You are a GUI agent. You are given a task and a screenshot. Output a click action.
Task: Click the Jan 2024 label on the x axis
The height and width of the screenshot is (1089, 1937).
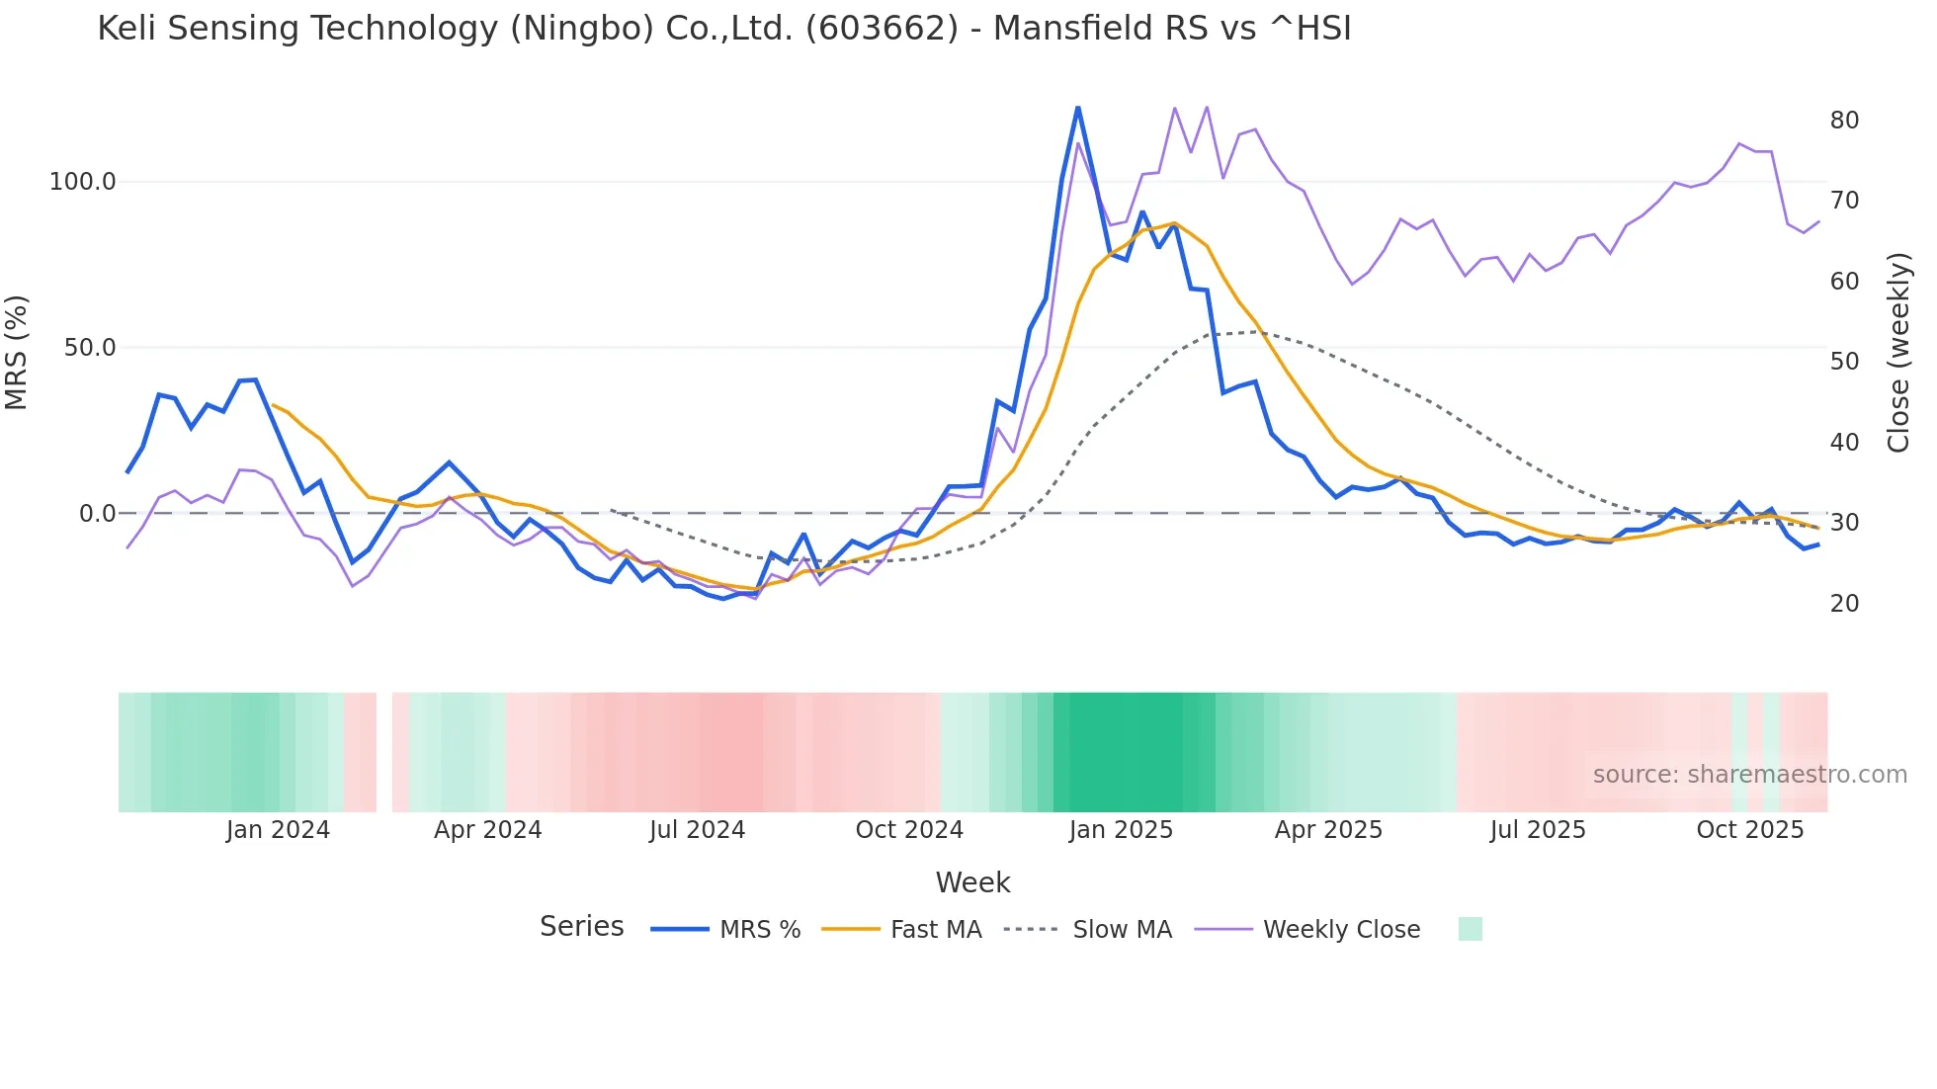point(278,830)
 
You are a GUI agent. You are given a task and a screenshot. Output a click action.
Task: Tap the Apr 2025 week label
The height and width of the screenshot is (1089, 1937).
point(1328,830)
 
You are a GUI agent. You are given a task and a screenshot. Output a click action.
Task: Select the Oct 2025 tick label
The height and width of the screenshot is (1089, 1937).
point(1749,830)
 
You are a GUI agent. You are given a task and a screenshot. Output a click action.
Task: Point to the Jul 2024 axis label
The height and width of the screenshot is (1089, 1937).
point(697,830)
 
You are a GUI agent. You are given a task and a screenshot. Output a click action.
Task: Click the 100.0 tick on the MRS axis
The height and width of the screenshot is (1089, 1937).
point(83,182)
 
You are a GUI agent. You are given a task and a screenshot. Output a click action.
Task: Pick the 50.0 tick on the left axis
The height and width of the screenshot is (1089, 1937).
point(90,348)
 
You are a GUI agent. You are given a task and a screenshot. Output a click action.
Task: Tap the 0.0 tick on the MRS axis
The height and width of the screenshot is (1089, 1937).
point(98,514)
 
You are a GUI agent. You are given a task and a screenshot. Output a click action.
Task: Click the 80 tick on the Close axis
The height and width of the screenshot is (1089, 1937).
point(1844,121)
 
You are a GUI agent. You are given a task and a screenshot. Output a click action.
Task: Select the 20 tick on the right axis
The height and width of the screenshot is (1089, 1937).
point(1844,604)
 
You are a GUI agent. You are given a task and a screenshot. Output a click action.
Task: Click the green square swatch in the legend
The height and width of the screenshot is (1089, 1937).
point(1470,929)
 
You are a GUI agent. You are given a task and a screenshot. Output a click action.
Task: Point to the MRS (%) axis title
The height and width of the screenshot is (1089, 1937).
point(17,352)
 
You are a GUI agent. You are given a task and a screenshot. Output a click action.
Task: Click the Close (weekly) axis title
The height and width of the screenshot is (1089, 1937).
point(1898,353)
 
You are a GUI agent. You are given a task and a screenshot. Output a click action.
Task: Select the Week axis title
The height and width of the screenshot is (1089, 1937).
point(972,882)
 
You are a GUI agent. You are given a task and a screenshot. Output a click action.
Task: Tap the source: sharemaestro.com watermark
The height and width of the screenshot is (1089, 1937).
point(1749,775)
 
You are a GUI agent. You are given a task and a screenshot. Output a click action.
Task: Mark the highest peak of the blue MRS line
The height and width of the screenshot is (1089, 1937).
point(1077,108)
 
